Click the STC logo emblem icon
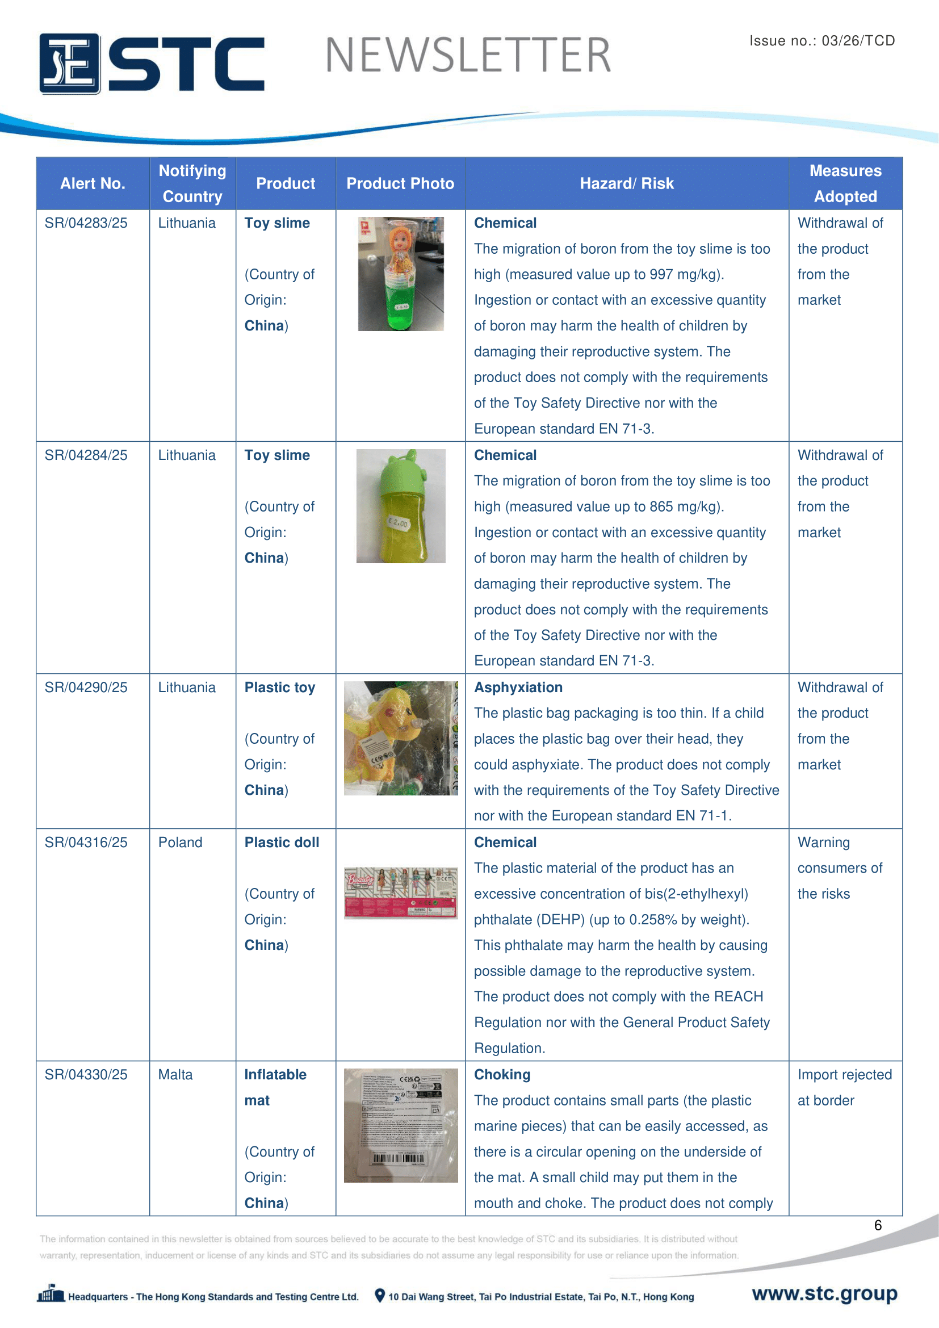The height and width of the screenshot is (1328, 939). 69,64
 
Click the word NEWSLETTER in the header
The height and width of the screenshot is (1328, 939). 468,56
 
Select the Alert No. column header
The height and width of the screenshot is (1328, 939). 93,183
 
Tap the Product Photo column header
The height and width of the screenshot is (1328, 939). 400,183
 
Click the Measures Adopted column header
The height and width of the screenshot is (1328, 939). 845,183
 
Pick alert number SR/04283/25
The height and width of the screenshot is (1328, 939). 86,223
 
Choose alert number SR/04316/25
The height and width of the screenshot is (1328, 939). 86,842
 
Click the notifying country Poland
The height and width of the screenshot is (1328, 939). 181,842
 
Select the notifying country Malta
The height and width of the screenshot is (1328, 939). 176,1075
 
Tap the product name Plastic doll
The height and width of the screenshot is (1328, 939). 282,842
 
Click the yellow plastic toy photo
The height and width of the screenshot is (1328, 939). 400,738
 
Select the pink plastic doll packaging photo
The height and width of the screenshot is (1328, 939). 400,893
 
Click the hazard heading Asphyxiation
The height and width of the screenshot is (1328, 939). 518,687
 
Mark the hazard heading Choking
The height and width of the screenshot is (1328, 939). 502,1075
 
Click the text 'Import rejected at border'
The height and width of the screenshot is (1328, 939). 844,1087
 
